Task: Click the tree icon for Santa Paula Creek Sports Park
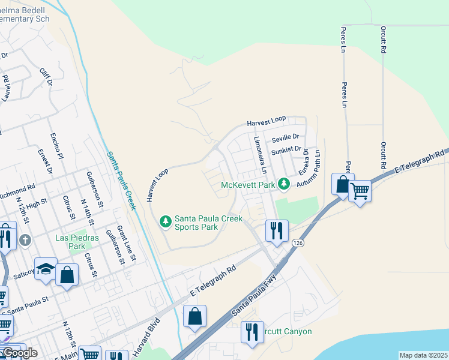pos(166,222)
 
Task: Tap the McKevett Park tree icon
pos(286,184)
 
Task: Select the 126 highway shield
pos(298,242)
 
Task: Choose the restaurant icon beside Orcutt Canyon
pos(252,332)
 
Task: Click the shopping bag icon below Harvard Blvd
pos(195,317)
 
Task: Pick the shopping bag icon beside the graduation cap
pos(67,275)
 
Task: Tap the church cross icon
pos(25,240)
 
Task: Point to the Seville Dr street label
pos(285,139)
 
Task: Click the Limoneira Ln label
pos(259,155)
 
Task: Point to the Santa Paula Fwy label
pos(253,297)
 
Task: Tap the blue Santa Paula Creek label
pos(121,180)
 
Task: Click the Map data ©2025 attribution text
pos(423,355)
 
